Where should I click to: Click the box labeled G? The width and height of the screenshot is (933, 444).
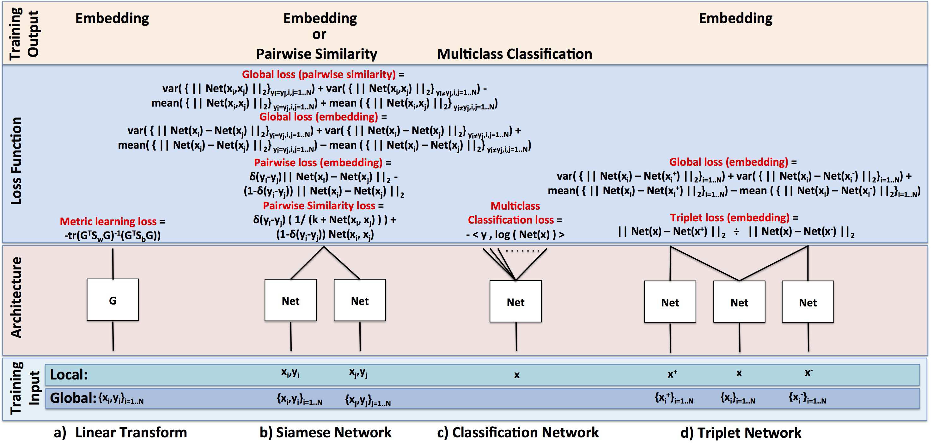pos(113,300)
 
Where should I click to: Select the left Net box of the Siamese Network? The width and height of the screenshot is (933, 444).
pos(290,300)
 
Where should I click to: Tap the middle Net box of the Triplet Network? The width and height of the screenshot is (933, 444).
pos(739,302)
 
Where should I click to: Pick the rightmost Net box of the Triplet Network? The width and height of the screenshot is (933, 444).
pos(808,302)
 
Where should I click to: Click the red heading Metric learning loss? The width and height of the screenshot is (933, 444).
pos(108,221)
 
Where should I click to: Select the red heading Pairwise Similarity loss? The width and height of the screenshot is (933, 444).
pos(319,206)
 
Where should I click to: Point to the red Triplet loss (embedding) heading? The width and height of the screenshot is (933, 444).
pos(729,218)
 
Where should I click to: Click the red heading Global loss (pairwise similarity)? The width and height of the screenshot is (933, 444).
pos(319,74)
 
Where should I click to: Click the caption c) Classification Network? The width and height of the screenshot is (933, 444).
pos(518,432)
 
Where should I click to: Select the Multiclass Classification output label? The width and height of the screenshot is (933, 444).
pos(514,54)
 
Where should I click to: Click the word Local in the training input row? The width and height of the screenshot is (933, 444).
pos(69,374)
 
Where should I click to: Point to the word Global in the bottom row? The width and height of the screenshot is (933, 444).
pos(72,398)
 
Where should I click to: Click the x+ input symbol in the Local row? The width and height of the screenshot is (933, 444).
pos(672,374)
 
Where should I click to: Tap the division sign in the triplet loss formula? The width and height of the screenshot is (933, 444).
pos(736,231)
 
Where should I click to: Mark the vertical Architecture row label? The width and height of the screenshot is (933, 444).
pos(16,297)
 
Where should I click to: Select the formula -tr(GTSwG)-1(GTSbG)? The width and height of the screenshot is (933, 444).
pos(112,236)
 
